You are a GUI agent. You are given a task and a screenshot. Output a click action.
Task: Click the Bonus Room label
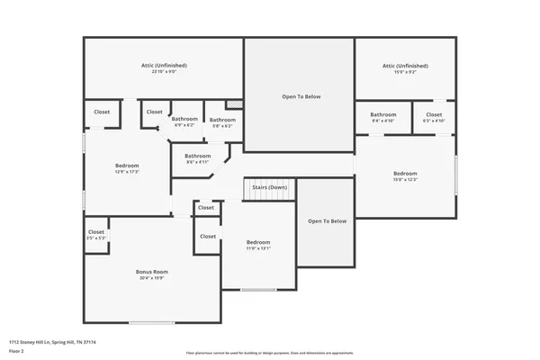152,271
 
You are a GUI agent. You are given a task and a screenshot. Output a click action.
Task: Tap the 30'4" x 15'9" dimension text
152,277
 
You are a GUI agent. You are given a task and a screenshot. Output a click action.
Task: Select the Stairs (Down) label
269,187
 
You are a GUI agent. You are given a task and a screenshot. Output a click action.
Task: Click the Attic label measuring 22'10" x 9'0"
163,66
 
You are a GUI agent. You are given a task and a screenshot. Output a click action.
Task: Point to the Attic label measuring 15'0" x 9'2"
405,66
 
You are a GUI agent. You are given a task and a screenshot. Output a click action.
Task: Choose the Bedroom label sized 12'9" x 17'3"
127,166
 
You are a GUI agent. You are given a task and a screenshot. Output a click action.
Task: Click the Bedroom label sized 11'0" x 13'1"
258,242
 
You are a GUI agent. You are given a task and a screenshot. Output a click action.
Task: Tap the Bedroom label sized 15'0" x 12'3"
405,173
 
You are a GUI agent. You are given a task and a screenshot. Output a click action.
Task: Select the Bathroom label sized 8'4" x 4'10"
382,114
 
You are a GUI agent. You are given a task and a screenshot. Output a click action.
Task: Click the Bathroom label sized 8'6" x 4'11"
198,156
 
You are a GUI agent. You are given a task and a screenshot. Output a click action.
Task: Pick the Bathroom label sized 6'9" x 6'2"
184,119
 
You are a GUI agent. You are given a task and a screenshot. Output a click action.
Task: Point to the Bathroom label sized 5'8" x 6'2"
222,120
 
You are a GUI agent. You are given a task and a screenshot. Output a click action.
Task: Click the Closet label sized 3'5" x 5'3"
96,232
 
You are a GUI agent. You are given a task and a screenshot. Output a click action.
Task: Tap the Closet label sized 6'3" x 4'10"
434,114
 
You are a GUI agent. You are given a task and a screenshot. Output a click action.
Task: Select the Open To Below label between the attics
301,96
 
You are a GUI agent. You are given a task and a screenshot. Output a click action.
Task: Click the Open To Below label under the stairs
327,220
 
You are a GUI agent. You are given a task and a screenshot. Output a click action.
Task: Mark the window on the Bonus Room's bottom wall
151,322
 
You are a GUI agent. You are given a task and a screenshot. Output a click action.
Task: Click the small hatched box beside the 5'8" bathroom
236,104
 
